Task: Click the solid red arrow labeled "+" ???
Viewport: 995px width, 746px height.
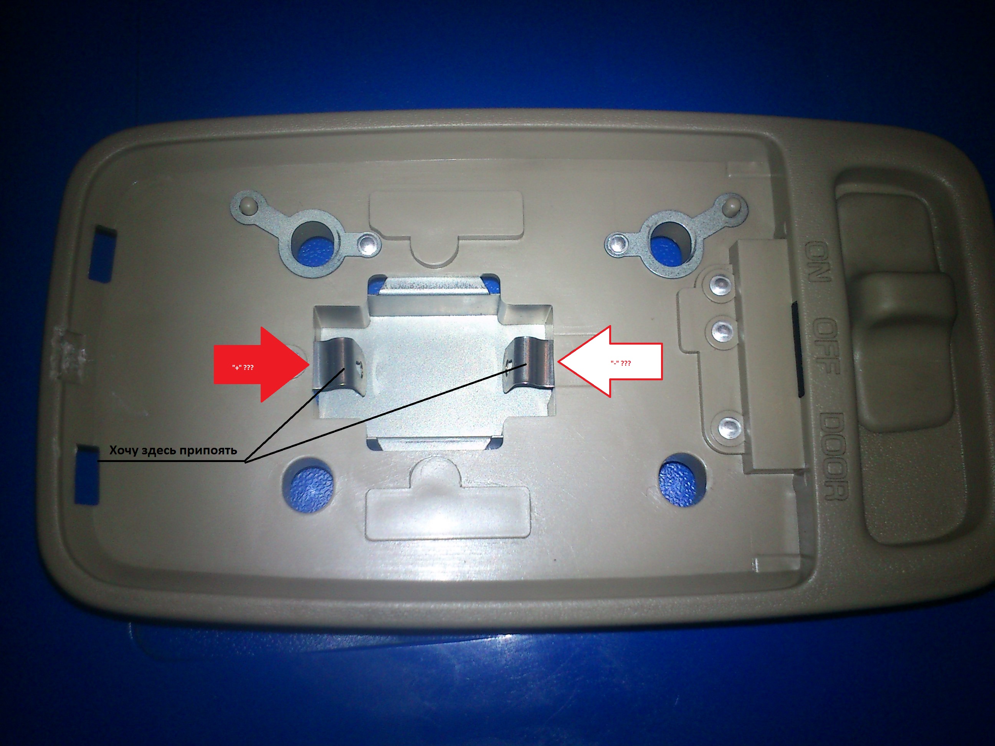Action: point(261,364)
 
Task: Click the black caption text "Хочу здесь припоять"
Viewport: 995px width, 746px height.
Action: point(173,450)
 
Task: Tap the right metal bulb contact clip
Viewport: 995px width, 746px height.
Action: point(529,362)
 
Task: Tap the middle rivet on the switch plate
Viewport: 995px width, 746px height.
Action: point(722,332)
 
